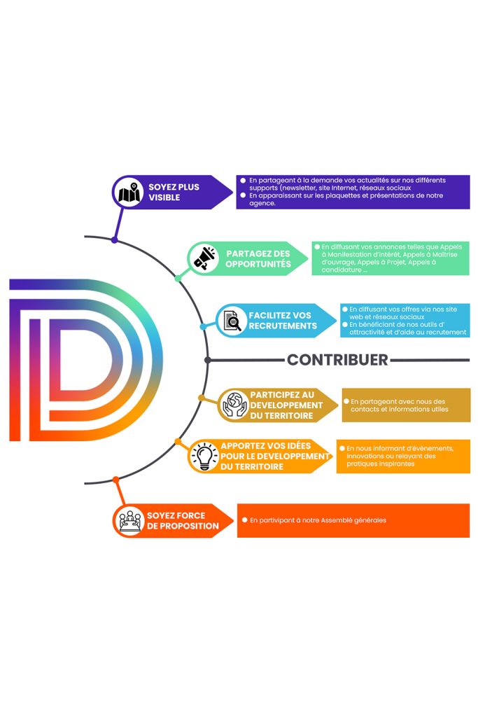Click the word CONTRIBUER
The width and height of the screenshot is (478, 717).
[337, 360]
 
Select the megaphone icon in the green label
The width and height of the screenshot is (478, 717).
[204, 259]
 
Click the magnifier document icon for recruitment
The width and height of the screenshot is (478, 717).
[231, 321]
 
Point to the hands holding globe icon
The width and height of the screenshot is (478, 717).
[234, 405]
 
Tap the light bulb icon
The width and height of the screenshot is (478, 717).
[204, 457]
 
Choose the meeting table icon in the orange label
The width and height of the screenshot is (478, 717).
[129, 520]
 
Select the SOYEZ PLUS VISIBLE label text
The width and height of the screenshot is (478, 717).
[174, 192]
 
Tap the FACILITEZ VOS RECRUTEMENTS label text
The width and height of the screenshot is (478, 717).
[282, 321]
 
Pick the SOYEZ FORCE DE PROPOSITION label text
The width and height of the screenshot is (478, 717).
[182, 520]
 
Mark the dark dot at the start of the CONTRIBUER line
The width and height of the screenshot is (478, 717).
[208, 360]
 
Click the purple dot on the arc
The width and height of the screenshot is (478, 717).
[114, 240]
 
